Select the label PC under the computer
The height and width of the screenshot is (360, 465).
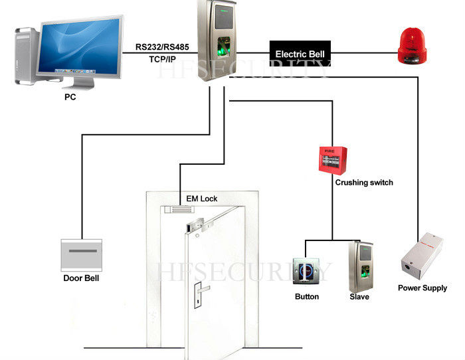point(70,98)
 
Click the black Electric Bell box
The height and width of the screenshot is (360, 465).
point(299,52)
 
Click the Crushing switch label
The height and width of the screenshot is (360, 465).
point(364,183)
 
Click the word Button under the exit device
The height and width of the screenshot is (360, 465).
point(307,297)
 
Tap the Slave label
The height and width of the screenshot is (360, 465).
point(359,297)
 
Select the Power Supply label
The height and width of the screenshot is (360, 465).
point(422,288)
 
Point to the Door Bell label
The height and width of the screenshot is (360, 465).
point(81,278)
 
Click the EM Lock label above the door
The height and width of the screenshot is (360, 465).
point(201,199)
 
